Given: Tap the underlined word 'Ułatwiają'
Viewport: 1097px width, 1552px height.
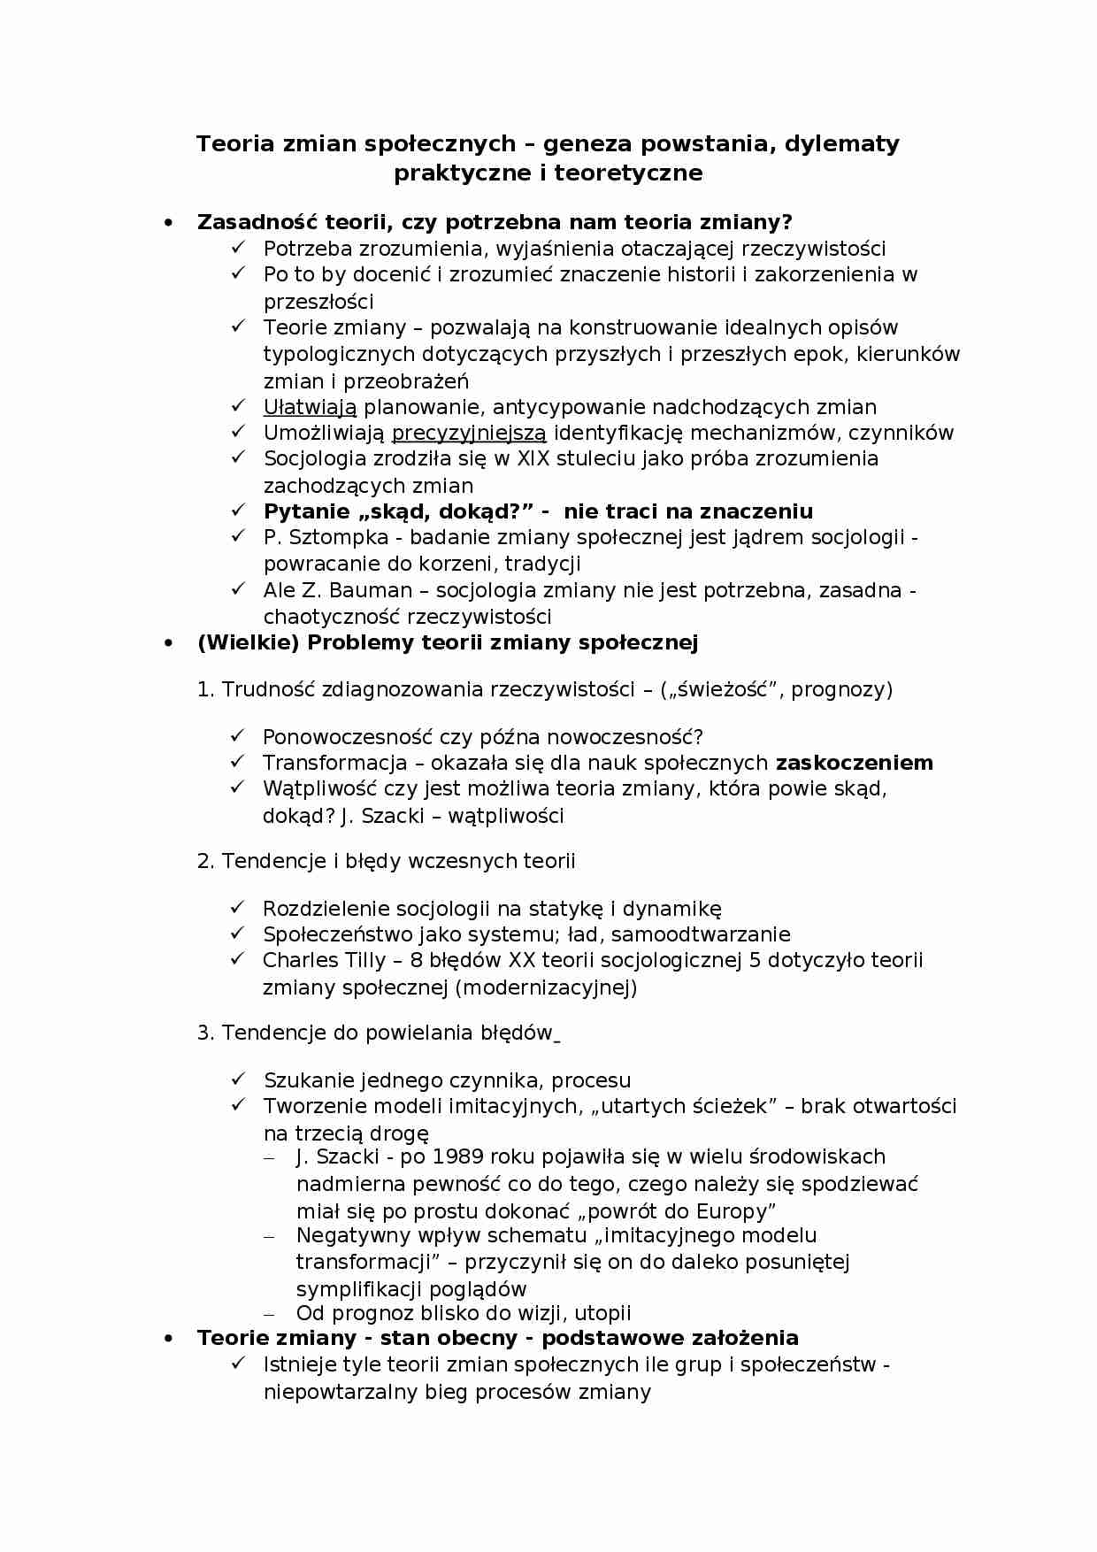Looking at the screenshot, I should coord(310,407).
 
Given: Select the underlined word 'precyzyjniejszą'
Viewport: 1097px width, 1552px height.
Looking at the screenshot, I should coord(469,433).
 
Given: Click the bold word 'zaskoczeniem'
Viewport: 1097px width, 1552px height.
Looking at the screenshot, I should coord(854,763).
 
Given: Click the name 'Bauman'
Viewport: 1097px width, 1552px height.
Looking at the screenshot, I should coord(371,590).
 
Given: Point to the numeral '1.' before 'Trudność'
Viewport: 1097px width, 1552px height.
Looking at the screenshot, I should coord(205,689).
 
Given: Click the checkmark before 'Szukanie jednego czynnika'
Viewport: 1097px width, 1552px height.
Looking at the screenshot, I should coord(238,1079).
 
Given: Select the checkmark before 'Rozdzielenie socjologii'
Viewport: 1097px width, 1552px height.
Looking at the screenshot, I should coord(238,908).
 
